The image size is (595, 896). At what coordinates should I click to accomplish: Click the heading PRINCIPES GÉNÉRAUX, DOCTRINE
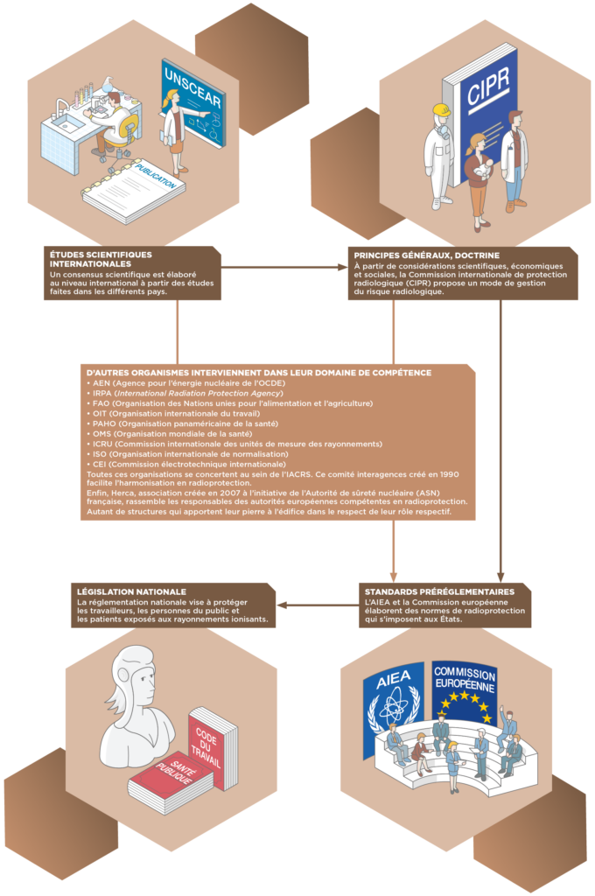[x=427, y=255]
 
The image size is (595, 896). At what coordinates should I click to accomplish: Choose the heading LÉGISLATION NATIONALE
[x=131, y=592]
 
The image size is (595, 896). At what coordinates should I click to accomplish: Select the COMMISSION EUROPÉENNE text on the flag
[x=464, y=675]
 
